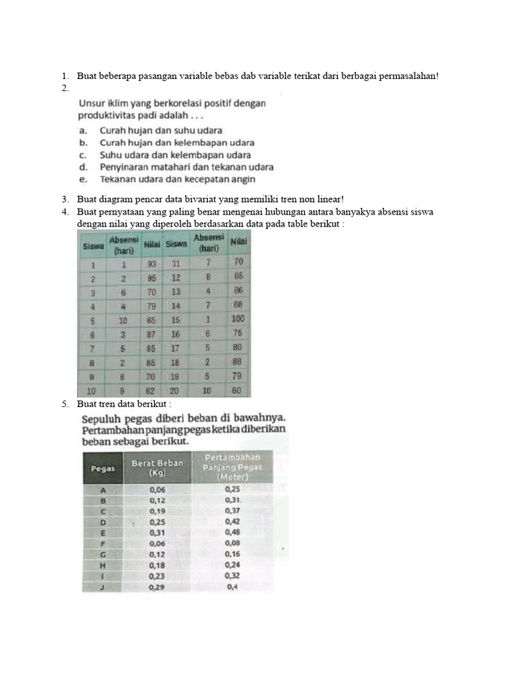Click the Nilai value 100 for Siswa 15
pos(238,319)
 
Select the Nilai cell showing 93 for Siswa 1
pos(151,264)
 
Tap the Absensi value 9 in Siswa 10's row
pos(123,390)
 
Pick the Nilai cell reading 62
pos(151,390)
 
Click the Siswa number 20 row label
pos(176,390)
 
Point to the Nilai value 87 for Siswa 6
pos(151,333)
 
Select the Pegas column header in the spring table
pos(103,468)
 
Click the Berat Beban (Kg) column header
pos(157,468)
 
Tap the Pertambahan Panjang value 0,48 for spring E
pos(232,532)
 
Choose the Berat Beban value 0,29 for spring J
pos(157,587)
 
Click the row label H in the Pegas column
pos(103,564)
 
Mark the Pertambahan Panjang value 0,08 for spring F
pos(232,543)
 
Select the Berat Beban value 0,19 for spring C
pos(157,511)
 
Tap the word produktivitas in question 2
pos(109,115)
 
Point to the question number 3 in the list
pos(65,199)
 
